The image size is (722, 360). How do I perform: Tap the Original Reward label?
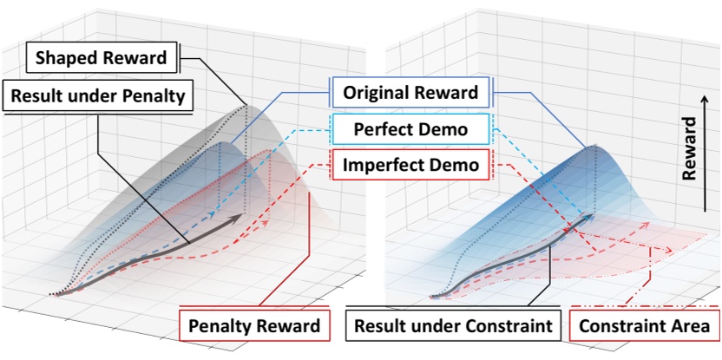410,92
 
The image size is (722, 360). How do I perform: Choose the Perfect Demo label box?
411,129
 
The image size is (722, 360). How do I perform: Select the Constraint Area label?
644,326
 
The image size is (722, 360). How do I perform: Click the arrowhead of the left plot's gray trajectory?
239,220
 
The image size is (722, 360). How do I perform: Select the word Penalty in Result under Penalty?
154,95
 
